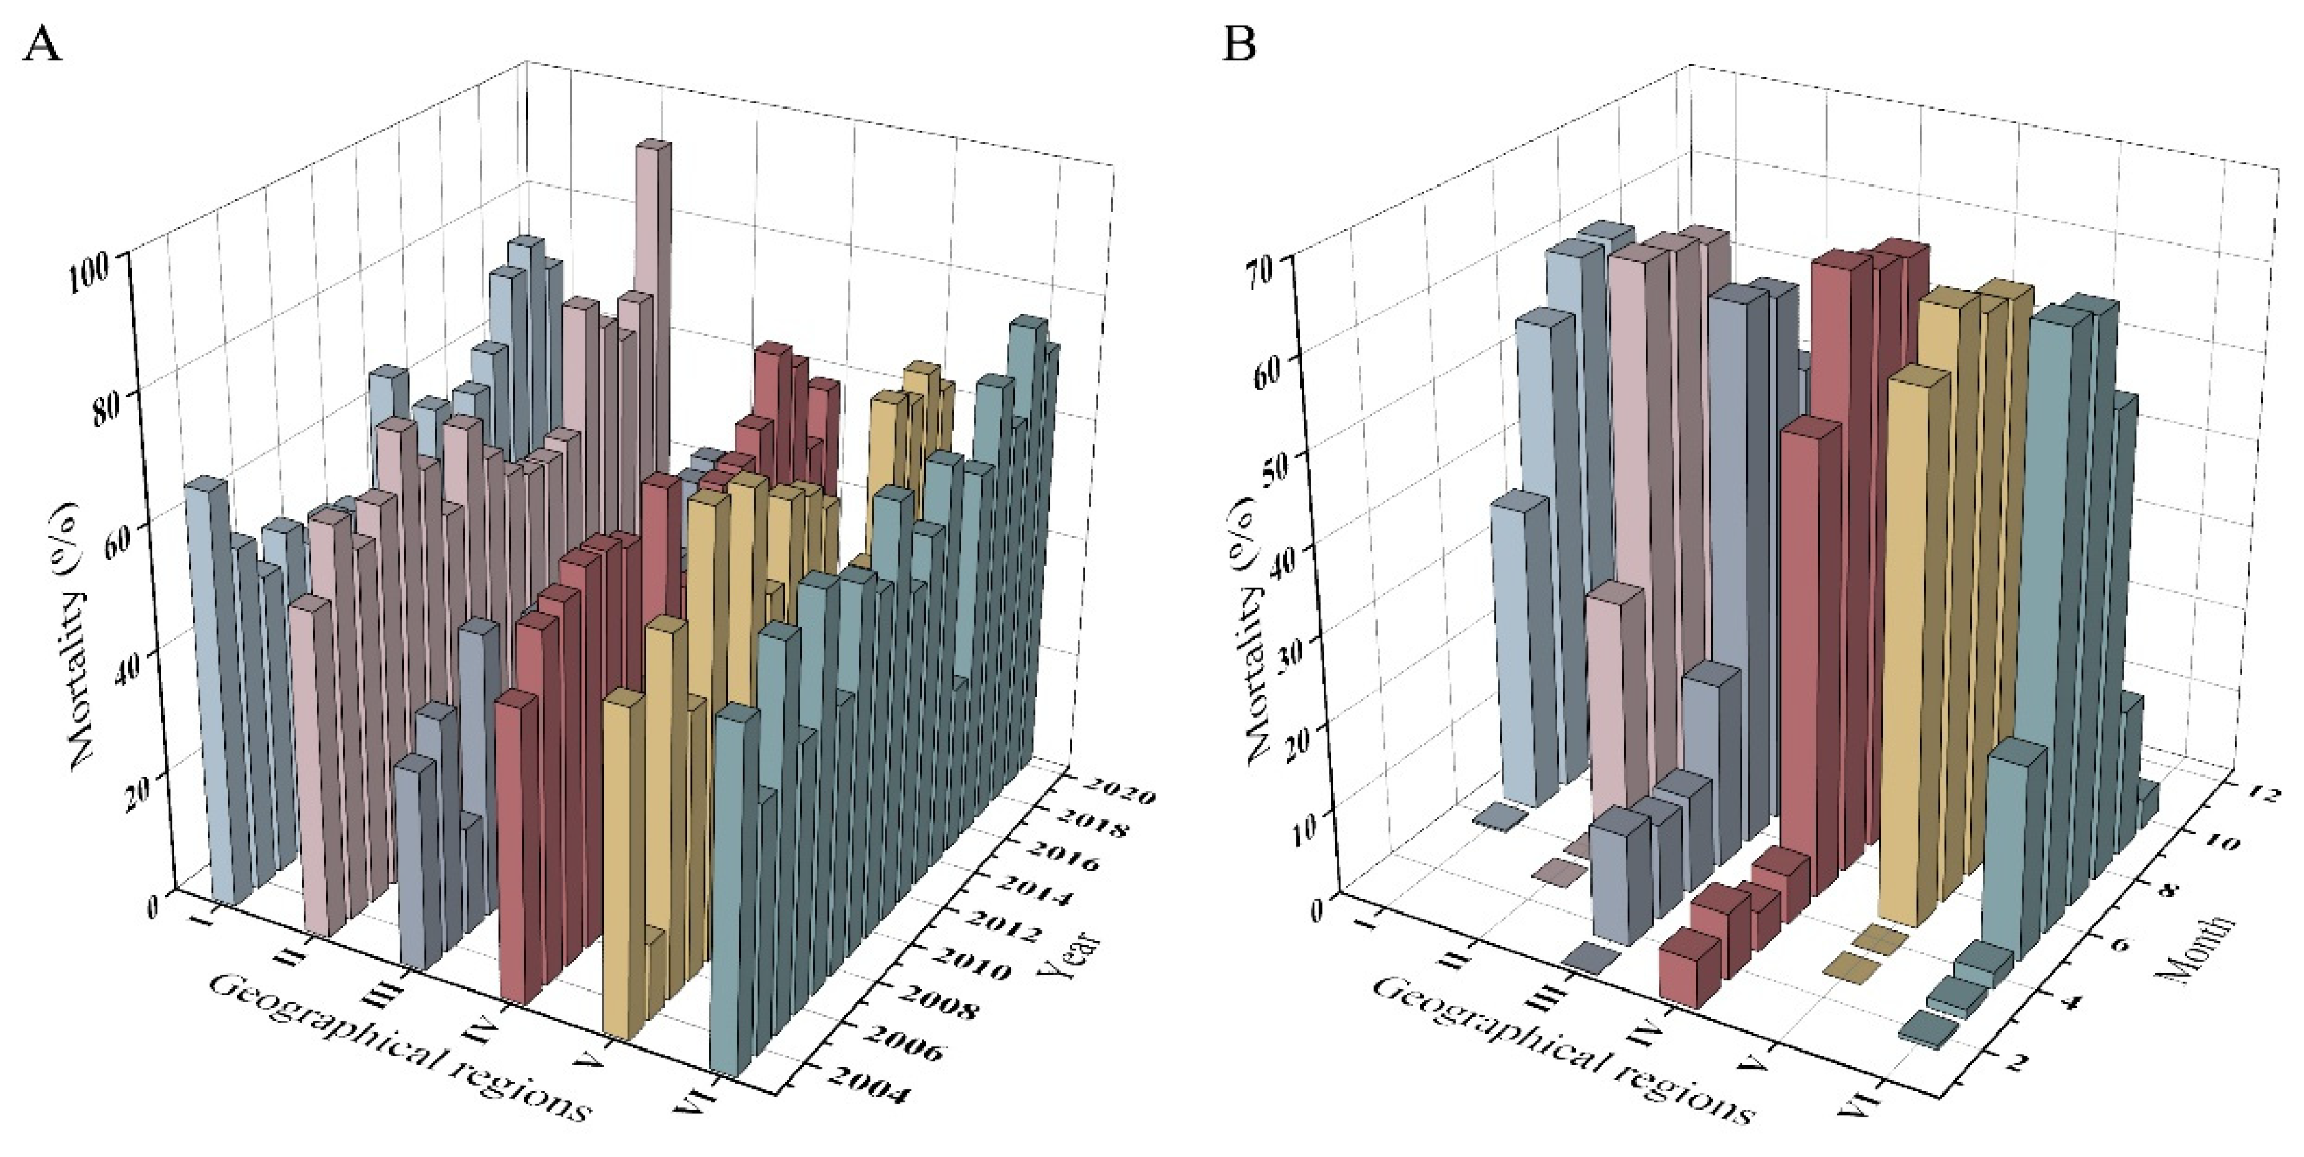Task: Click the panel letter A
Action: (42, 43)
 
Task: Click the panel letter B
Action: (1240, 43)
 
